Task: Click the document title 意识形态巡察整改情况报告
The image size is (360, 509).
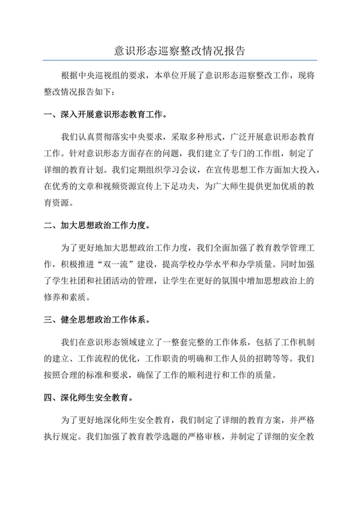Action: coord(180,49)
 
